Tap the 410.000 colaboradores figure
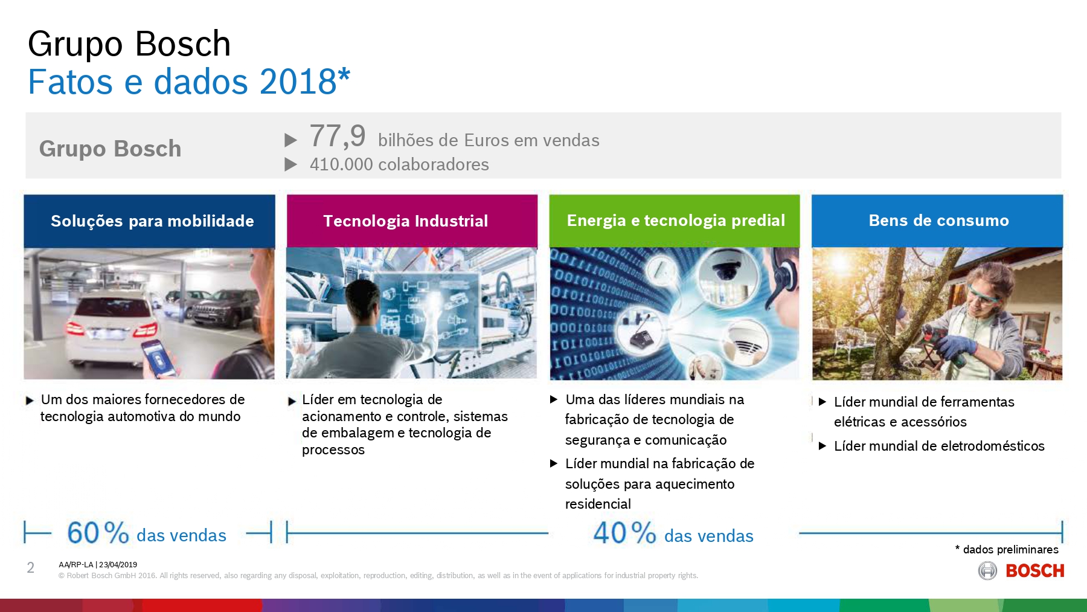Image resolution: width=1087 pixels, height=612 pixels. [x=399, y=164]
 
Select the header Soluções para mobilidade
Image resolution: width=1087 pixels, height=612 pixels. [x=152, y=221]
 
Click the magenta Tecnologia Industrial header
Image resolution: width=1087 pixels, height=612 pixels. [x=405, y=221]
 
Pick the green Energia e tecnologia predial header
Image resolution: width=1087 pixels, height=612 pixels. [x=675, y=221]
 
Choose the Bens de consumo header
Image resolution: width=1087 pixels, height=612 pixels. [x=938, y=221]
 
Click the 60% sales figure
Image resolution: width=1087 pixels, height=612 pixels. [x=98, y=533]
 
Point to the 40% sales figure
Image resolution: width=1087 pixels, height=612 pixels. [x=624, y=533]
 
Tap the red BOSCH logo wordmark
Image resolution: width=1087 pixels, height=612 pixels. [x=1034, y=571]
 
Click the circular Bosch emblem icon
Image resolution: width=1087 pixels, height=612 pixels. [x=987, y=570]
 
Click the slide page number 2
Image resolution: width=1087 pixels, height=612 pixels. [x=31, y=567]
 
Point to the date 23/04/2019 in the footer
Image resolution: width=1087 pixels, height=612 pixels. [x=118, y=565]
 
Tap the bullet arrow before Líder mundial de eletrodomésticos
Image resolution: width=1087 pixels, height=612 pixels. [x=822, y=446]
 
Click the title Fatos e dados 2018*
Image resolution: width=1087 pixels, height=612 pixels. [x=188, y=82]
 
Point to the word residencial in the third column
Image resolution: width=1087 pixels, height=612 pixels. [x=598, y=504]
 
